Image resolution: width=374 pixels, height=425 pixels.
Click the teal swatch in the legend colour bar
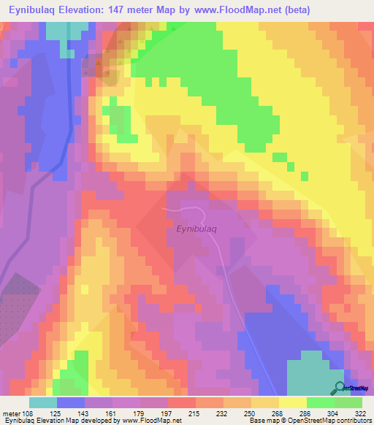tap(43, 402)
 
